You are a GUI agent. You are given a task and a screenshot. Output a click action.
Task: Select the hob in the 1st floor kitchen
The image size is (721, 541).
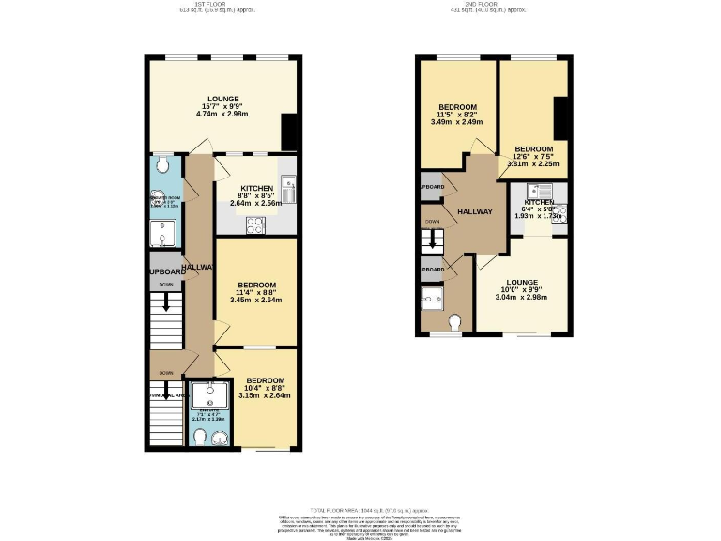[254, 224]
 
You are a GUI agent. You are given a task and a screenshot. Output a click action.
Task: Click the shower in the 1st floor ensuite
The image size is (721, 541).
[205, 392]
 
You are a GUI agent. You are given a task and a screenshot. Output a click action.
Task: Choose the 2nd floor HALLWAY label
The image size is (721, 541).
[475, 211]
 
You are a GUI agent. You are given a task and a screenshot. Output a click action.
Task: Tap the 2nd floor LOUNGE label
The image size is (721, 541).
[522, 282]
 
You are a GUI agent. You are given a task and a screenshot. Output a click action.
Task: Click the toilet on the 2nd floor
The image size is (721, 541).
[457, 323]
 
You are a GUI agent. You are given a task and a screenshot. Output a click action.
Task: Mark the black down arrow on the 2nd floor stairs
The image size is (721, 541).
[433, 242]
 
